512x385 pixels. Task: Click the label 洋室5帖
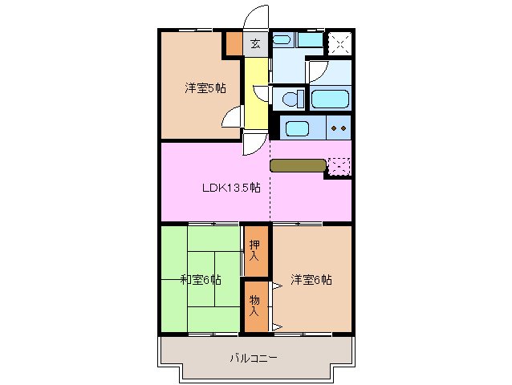coord(205,88)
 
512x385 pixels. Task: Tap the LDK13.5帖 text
coord(230,188)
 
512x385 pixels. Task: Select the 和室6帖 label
coord(201,280)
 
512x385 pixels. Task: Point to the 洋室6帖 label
coord(311,280)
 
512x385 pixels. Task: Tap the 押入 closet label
coord(254,250)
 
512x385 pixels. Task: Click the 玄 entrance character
coord(254,44)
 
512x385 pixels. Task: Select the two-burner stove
coord(338,128)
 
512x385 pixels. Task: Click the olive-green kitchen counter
coord(298,166)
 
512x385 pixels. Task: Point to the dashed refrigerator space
coord(339,167)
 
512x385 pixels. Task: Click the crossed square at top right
coord(339,43)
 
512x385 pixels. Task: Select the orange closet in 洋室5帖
coord(233,43)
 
